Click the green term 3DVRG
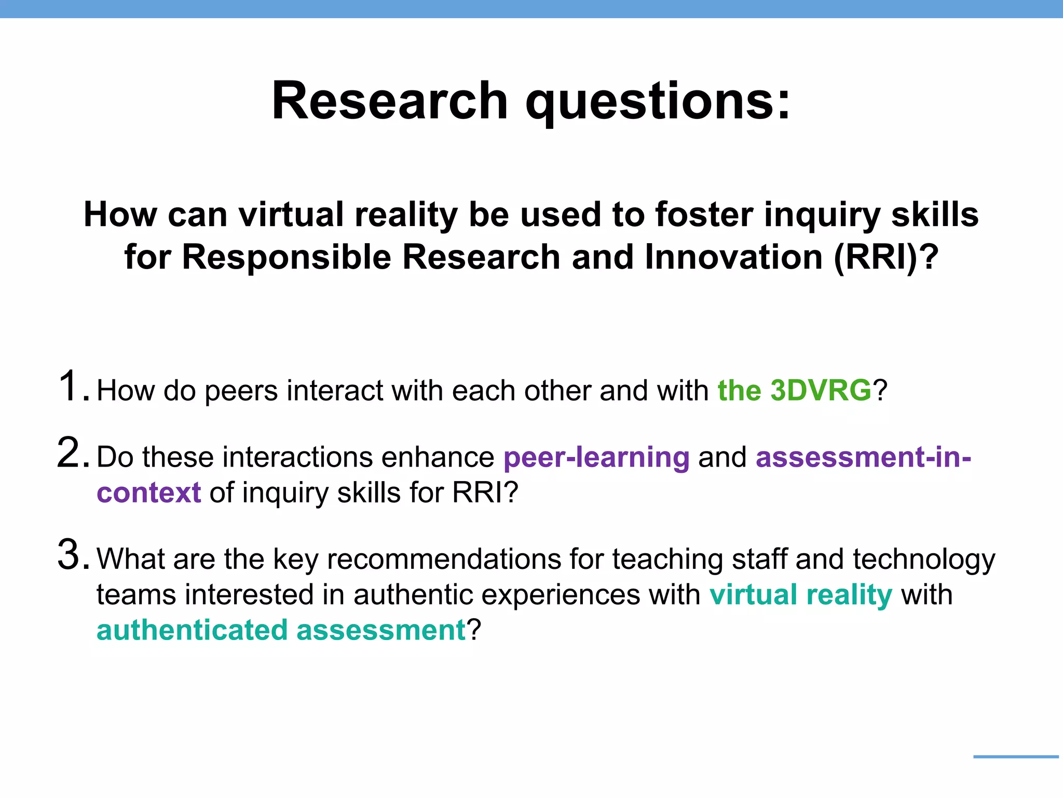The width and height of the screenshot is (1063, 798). [x=821, y=391]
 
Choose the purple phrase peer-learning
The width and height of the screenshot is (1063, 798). [x=596, y=457]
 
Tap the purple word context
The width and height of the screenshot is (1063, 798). [x=149, y=493]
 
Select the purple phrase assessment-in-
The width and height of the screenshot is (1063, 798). [x=863, y=457]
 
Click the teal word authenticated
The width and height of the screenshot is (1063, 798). [x=192, y=630]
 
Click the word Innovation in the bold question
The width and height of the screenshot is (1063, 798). [x=733, y=257]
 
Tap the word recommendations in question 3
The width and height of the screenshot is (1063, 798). [x=444, y=559]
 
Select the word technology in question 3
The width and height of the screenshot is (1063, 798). [x=924, y=560]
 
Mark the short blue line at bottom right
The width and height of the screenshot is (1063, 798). [x=1016, y=757]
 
